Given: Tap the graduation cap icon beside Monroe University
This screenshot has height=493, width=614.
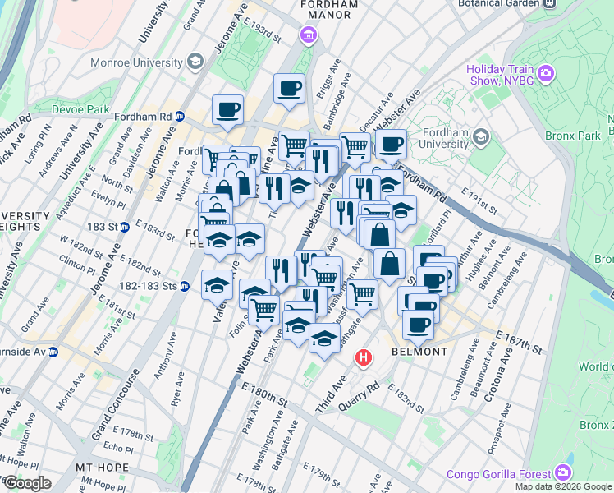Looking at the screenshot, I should point(195,62).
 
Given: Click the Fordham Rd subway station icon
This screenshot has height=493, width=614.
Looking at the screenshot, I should point(179,117).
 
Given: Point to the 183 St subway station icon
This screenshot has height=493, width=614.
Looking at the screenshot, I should point(124,226).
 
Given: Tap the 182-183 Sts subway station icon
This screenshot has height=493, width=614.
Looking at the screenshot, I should point(185,287).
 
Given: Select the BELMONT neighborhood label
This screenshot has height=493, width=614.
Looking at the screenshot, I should point(419,352).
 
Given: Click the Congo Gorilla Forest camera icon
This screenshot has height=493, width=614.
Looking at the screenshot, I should point(563,472).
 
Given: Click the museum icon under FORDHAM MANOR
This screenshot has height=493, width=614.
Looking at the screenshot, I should point(308,35).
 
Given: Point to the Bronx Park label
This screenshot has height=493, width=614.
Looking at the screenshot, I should point(569,135).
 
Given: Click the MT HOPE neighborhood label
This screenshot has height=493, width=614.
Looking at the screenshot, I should point(99,467).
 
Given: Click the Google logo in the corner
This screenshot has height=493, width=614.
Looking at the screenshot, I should point(26,482).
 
